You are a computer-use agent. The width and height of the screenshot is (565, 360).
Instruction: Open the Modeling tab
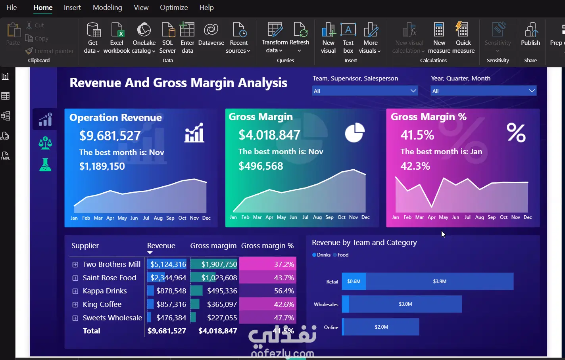tap(107, 8)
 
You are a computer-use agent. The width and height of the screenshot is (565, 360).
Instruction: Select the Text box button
tap(348, 38)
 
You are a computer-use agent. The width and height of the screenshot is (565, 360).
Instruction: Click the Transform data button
tap(275, 38)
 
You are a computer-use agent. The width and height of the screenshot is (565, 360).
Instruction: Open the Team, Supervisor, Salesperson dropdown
tap(365, 91)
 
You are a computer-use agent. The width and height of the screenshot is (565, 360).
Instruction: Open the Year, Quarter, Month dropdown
tap(483, 91)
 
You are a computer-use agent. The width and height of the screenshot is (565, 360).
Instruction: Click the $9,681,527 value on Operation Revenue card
tap(110, 136)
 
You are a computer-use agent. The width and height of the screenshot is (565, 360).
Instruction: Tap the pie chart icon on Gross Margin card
tap(354, 132)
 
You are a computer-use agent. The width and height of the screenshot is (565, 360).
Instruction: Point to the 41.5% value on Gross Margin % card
tap(417, 135)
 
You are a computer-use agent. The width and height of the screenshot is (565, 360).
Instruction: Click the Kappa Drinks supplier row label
tap(105, 291)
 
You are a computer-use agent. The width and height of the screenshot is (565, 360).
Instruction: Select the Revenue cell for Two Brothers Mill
tap(168, 264)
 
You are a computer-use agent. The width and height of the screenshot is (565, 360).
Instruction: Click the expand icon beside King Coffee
tap(75, 304)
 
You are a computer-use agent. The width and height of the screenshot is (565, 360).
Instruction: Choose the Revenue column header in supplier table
tap(161, 246)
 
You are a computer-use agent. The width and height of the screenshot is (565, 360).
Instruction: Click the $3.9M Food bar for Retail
tap(439, 281)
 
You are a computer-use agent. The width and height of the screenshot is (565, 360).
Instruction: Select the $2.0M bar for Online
tap(381, 327)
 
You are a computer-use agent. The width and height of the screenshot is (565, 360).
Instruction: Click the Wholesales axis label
tap(326, 304)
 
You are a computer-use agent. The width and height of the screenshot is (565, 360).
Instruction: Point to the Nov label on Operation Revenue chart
tap(194, 218)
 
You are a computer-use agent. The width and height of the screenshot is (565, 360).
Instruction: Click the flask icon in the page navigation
tap(45, 165)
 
